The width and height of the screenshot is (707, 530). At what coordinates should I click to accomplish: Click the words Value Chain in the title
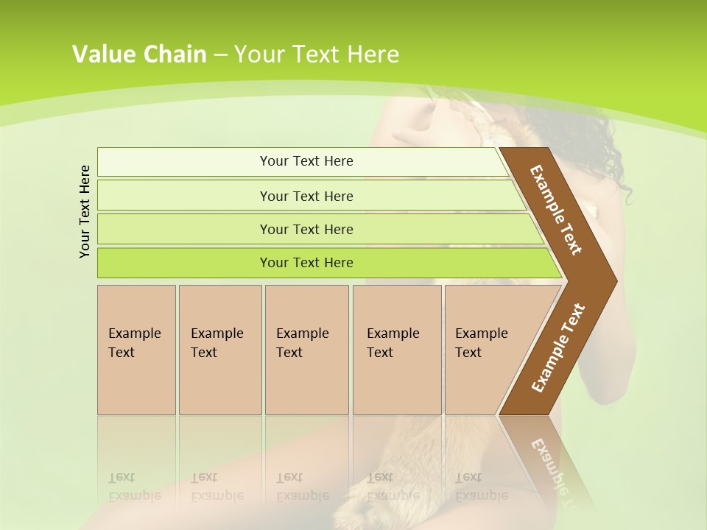[x=139, y=54]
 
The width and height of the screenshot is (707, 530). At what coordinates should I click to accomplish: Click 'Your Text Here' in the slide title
[x=317, y=54]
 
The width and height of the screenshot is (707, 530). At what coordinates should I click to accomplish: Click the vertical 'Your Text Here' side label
[x=85, y=211]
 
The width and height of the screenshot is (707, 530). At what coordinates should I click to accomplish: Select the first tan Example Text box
[x=136, y=350]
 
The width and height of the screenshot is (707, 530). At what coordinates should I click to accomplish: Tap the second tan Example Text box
[x=219, y=350]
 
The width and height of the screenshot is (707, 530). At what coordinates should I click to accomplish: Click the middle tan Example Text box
[x=306, y=350]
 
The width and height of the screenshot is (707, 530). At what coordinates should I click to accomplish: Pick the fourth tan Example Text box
[x=397, y=350]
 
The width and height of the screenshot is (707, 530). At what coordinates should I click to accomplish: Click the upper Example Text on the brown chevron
[x=556, y=210]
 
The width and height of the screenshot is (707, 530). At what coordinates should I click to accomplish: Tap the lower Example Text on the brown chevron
[x=558, y=347]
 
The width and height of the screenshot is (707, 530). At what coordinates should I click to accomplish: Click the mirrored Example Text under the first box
[x=135, y=487]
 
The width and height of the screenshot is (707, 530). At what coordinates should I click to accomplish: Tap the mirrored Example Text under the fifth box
[x=482, y=487]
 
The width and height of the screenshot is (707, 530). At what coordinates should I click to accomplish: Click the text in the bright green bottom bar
[x=306, y=263]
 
